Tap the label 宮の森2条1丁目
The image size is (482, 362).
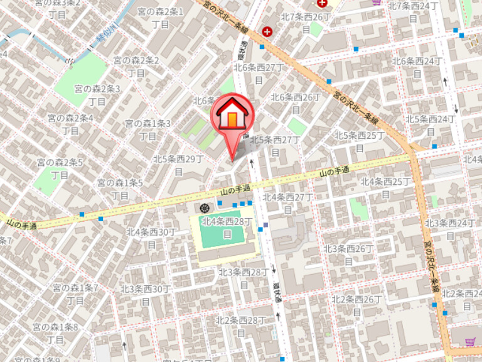click(x=161, y=18)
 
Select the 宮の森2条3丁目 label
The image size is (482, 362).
click(x=97, y=95)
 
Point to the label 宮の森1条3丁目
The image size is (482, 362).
click(x=148, y=129)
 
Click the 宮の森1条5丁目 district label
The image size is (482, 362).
click(x=120, y=189)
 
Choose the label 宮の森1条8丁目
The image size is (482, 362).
click(x=55, y=333)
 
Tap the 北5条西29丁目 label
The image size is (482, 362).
click(x=178, y=165)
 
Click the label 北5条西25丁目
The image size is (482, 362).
click(x=359, y=141)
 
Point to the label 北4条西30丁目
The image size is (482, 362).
click(x=151, y=238)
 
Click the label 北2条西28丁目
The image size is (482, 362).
click(x=241, y=326)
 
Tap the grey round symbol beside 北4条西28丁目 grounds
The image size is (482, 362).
click(x=205, y=208)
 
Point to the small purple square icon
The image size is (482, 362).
click(x=266, y=225)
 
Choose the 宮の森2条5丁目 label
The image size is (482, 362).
click(x=60, y=169)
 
